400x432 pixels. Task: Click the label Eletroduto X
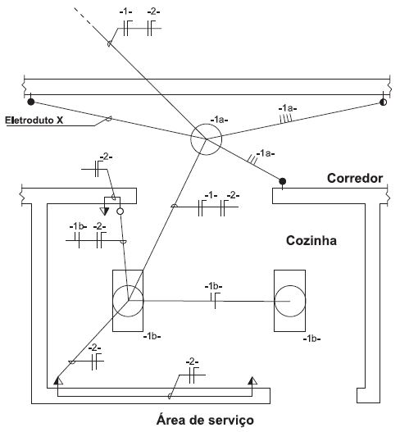tap(34, 121)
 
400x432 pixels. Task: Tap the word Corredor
tap(355, 178)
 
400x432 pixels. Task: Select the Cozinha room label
tap(311, 240)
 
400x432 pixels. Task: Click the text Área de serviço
tap(205, 421)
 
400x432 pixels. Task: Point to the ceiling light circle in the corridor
tap(206, 124)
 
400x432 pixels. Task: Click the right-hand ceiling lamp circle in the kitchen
tap(290, 286)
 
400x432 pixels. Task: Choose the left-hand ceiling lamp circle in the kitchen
tap(128, 286)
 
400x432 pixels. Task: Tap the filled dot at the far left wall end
tap(31, 102)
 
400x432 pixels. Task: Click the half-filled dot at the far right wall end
tap(383, 102)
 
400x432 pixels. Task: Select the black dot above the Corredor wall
tap(282, 181)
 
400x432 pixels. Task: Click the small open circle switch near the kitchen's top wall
tap(120, 211)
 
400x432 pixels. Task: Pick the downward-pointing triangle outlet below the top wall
tap(104, 211)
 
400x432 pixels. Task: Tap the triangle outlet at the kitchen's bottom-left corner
tap(58, 380)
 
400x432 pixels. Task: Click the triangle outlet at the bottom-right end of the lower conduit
tap(252, 380)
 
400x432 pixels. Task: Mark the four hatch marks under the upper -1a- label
tap(285, 118)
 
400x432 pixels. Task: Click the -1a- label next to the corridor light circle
tap(220, 120)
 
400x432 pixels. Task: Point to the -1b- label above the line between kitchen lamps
tap(213, 287)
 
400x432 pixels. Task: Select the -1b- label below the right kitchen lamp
tap(311, 339)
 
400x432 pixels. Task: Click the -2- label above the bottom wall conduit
tap(193, 362)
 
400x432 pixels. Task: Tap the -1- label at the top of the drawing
tap(125, 11)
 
